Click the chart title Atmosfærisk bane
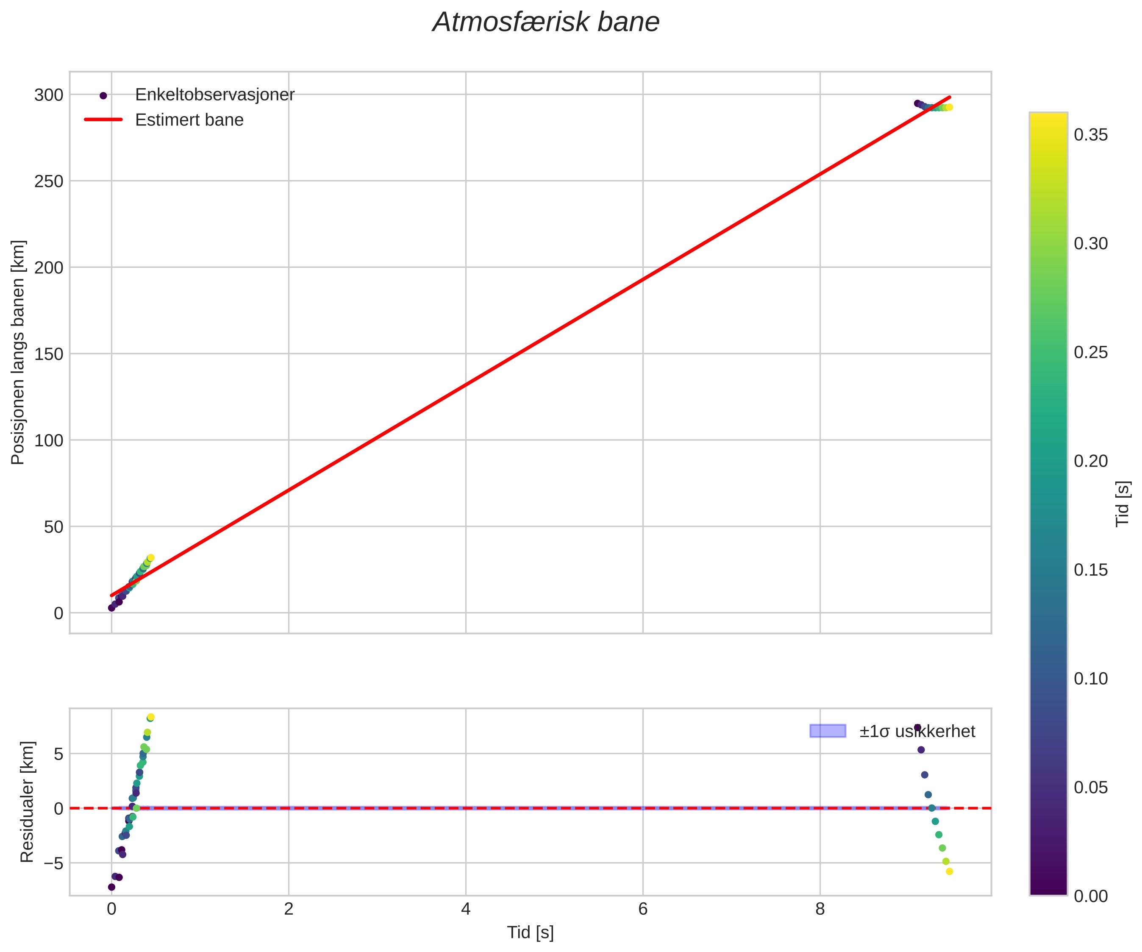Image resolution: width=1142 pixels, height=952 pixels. coord(545,23)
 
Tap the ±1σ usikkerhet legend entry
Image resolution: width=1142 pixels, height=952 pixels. coord(917,731)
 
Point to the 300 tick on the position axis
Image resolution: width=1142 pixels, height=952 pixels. coord(49,95)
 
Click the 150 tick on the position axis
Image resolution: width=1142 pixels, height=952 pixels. coord(49,354)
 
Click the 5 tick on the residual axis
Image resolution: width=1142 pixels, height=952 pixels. coord(58,754)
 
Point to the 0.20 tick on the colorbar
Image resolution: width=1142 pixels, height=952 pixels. coord(1090,461)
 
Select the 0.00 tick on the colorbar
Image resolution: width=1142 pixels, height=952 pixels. coord(1090,896)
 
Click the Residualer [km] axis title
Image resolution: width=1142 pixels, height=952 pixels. coord(27,802)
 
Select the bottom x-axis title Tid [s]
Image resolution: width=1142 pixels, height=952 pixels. coord(530,933)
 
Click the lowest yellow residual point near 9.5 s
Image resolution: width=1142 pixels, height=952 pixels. coord(950,871)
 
